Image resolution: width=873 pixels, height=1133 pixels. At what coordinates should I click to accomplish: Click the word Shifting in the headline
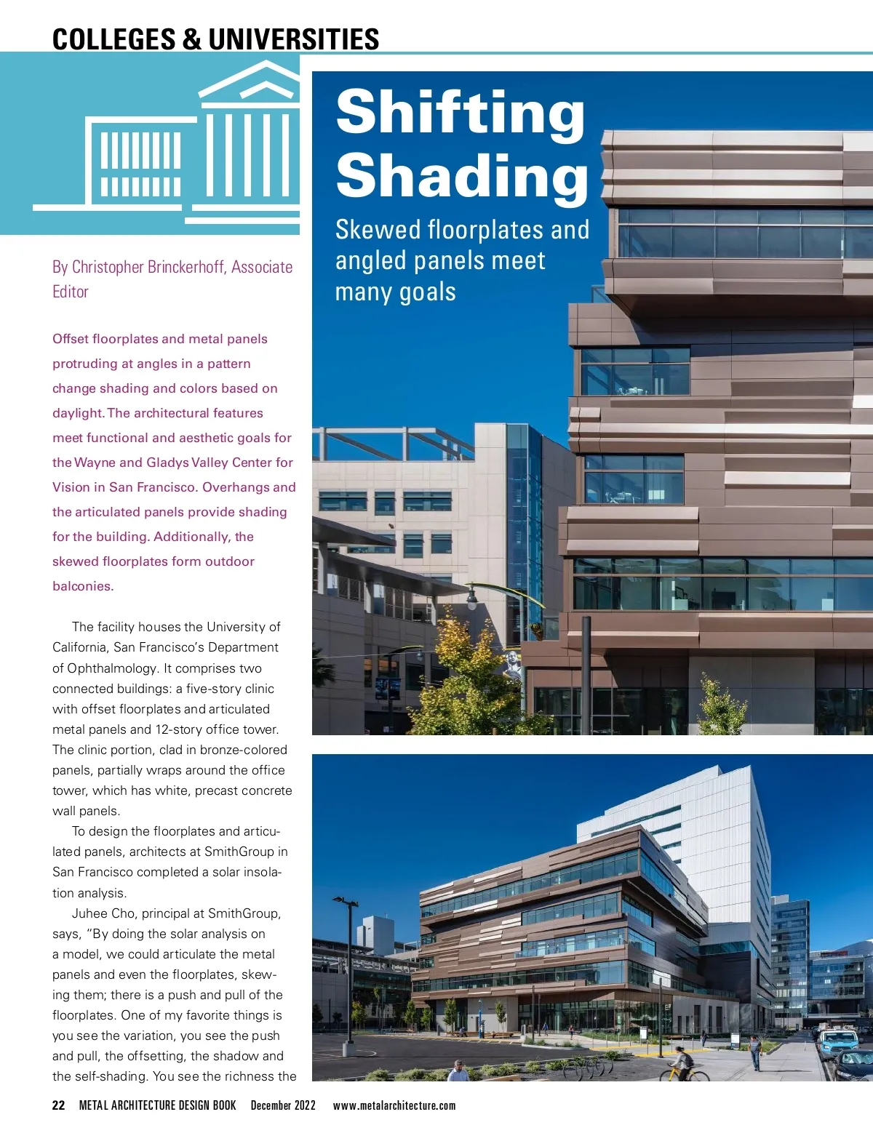(x=460, y=113)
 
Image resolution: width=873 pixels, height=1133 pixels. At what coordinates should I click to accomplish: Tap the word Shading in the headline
(x=462, y=175)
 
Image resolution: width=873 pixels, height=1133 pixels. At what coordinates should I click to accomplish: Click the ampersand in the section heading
(x=192, y=39)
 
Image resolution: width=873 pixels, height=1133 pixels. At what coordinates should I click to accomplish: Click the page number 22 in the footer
(x=59, y=1105)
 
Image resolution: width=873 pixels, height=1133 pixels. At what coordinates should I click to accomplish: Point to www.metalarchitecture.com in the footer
(x=394, y=1105)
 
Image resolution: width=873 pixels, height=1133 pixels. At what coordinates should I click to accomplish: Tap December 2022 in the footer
(x=283, y=1105)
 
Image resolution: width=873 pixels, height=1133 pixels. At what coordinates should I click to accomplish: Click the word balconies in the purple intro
(x=81, y=586)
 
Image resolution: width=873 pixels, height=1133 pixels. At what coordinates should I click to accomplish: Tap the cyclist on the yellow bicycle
(x=682, y=1063)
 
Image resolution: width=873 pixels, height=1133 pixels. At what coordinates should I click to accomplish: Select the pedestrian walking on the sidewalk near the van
(x=756, y=1052)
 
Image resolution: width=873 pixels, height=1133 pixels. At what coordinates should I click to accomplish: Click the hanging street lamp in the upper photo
(x=472, y=598)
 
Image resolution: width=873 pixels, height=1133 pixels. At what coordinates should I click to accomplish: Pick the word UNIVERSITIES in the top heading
(x=294, y=39)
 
